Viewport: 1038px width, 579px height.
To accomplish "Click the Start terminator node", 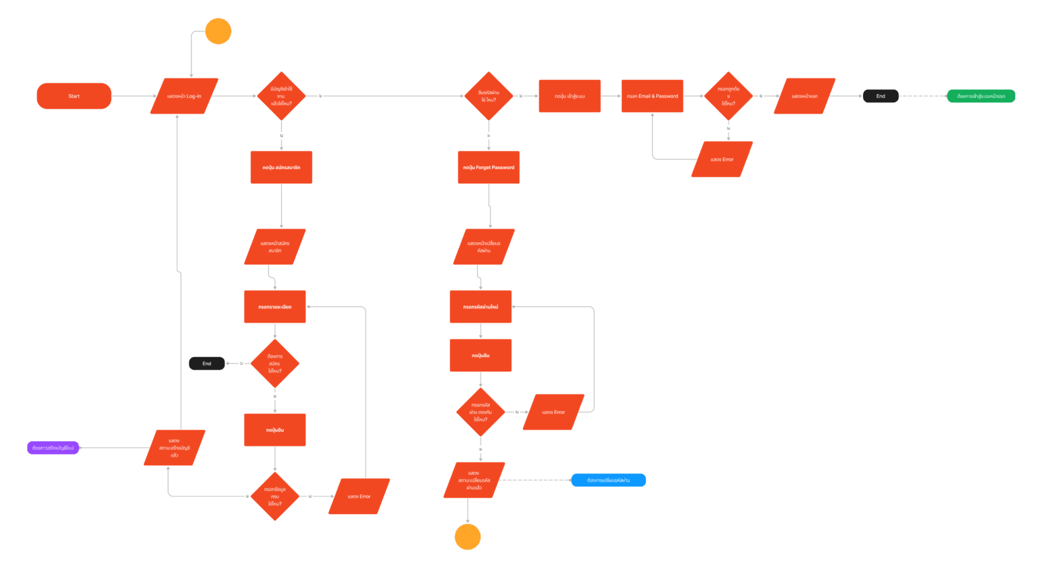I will coord(74,96).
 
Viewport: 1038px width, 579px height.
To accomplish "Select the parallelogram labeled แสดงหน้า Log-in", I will coord(184,96).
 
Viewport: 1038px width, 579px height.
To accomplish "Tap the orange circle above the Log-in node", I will coord(218,31).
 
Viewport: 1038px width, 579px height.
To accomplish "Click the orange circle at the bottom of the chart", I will coord(468,537).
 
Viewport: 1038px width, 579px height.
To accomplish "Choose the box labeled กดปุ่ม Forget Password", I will coord(489,167).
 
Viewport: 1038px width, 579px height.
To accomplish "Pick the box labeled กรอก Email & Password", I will coord(652,96).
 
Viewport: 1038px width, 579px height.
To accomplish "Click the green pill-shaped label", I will coord(981,96).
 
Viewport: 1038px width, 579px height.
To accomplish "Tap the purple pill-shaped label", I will coord(53,448).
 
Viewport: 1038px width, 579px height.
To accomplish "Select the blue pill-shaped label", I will coord(608,480).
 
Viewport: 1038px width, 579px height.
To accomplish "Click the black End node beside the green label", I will coord(881,96).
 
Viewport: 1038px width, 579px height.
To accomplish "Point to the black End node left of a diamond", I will coord(207,364).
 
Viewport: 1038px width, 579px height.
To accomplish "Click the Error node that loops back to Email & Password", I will coord(722,160).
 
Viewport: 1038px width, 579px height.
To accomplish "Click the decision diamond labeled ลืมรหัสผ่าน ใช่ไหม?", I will coord(489,96).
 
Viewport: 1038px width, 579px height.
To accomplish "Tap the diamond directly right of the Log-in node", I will coord(281,96).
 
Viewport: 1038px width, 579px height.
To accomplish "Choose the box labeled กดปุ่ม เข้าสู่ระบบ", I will coord(570,96).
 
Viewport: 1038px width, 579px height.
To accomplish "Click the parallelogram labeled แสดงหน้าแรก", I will coord(804,96).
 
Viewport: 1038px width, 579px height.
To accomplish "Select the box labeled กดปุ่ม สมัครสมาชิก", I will coord(281,167).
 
